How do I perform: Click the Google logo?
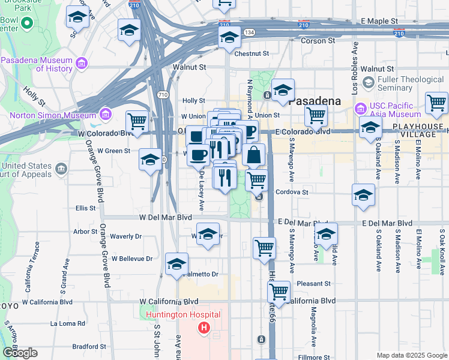[20, 353]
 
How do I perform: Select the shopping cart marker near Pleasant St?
[279, 292]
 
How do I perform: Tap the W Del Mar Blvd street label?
[165, 218]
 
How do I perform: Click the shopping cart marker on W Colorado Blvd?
[137, 122]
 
